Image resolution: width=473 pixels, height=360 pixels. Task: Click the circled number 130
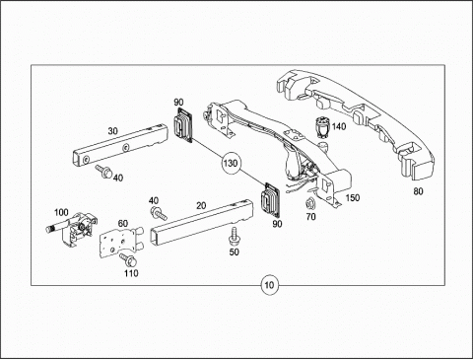pos(231,164)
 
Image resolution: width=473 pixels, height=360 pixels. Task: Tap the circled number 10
pos(269,285)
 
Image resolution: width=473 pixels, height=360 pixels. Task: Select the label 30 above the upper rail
pos(112,131)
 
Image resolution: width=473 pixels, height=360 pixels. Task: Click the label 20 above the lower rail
pos(201,206)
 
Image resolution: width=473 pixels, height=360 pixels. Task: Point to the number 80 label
pos(418,191)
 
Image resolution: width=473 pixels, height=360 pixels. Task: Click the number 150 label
pos(353,198)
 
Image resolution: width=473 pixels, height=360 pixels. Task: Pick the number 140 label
pos(339,126)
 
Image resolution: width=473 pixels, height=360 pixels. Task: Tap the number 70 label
pos(310,217)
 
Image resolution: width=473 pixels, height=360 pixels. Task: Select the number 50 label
pos(234,252)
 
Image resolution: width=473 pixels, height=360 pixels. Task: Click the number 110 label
pos(131,273)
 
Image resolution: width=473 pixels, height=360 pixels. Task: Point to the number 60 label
pos(123,224)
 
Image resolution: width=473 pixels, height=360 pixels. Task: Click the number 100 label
pos(61,212)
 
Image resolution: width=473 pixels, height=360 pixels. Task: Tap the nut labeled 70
pos(309,204)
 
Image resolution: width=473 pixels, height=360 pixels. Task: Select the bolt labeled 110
pos(128,260)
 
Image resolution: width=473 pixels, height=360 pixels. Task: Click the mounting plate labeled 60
pos(120,243)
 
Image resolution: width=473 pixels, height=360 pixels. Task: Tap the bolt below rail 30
pos(103,172)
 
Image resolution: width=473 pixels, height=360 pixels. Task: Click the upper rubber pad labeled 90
pos(182,125)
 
